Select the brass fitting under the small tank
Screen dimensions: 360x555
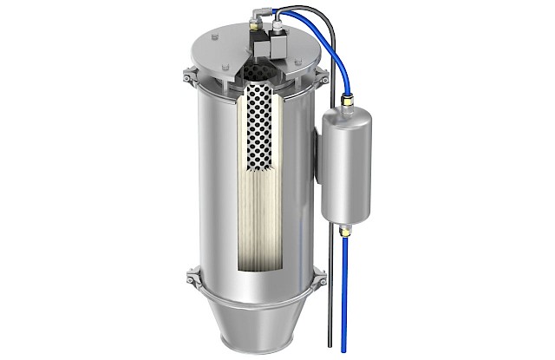pyautogui.click(x=346, y=230)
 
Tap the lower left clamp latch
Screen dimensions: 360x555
pyautogui.click(x=191, y=280)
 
